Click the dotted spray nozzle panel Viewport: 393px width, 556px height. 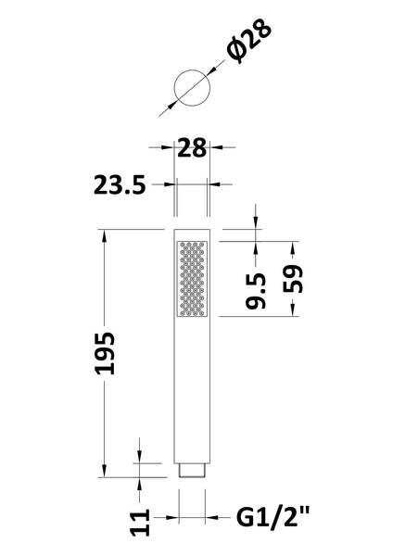point(192,278)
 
